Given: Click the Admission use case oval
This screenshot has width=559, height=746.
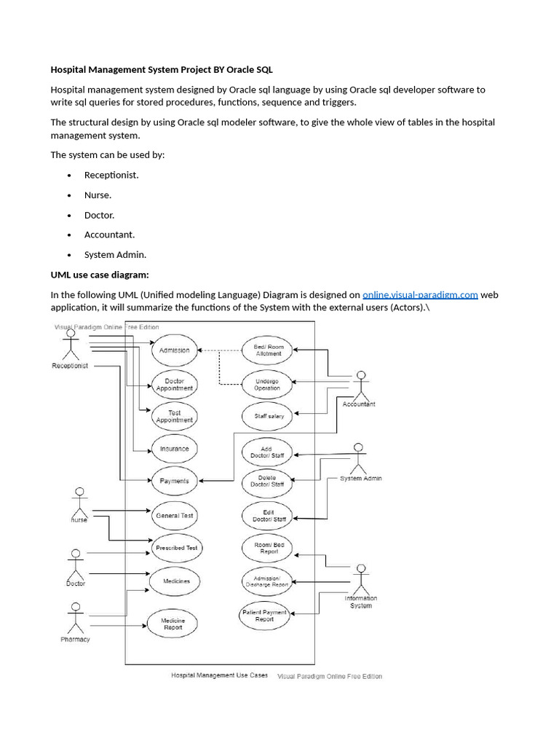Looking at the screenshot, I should point(174,350).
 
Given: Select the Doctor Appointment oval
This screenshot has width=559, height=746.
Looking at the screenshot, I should point(174,384).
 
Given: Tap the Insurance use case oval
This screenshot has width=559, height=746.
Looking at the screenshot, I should point(174,449).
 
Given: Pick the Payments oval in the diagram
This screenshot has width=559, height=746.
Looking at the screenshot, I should point(174,481).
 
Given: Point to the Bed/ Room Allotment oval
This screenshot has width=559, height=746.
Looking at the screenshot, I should point(267,350).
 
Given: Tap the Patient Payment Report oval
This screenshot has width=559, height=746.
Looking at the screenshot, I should point(264,615).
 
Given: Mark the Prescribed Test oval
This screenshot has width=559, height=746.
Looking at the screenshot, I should point(176,547).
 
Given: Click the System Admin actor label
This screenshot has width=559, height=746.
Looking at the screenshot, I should point(361,479).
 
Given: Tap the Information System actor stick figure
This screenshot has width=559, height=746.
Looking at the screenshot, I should point(360,579).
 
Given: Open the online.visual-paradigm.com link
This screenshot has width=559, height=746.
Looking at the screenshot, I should point(420,294).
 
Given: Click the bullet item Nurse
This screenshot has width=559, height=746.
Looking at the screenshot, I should point(98,195).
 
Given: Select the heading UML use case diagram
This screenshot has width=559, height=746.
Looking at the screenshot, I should point(99,275).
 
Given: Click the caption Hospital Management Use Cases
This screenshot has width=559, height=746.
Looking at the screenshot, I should point(219,675).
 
